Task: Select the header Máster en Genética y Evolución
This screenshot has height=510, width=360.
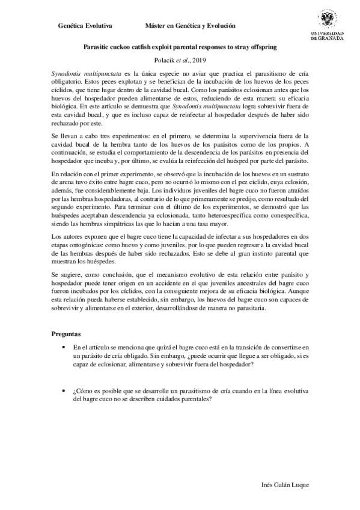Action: [190, 26]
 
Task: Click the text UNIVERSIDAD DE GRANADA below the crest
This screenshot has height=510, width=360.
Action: [327, 35]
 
